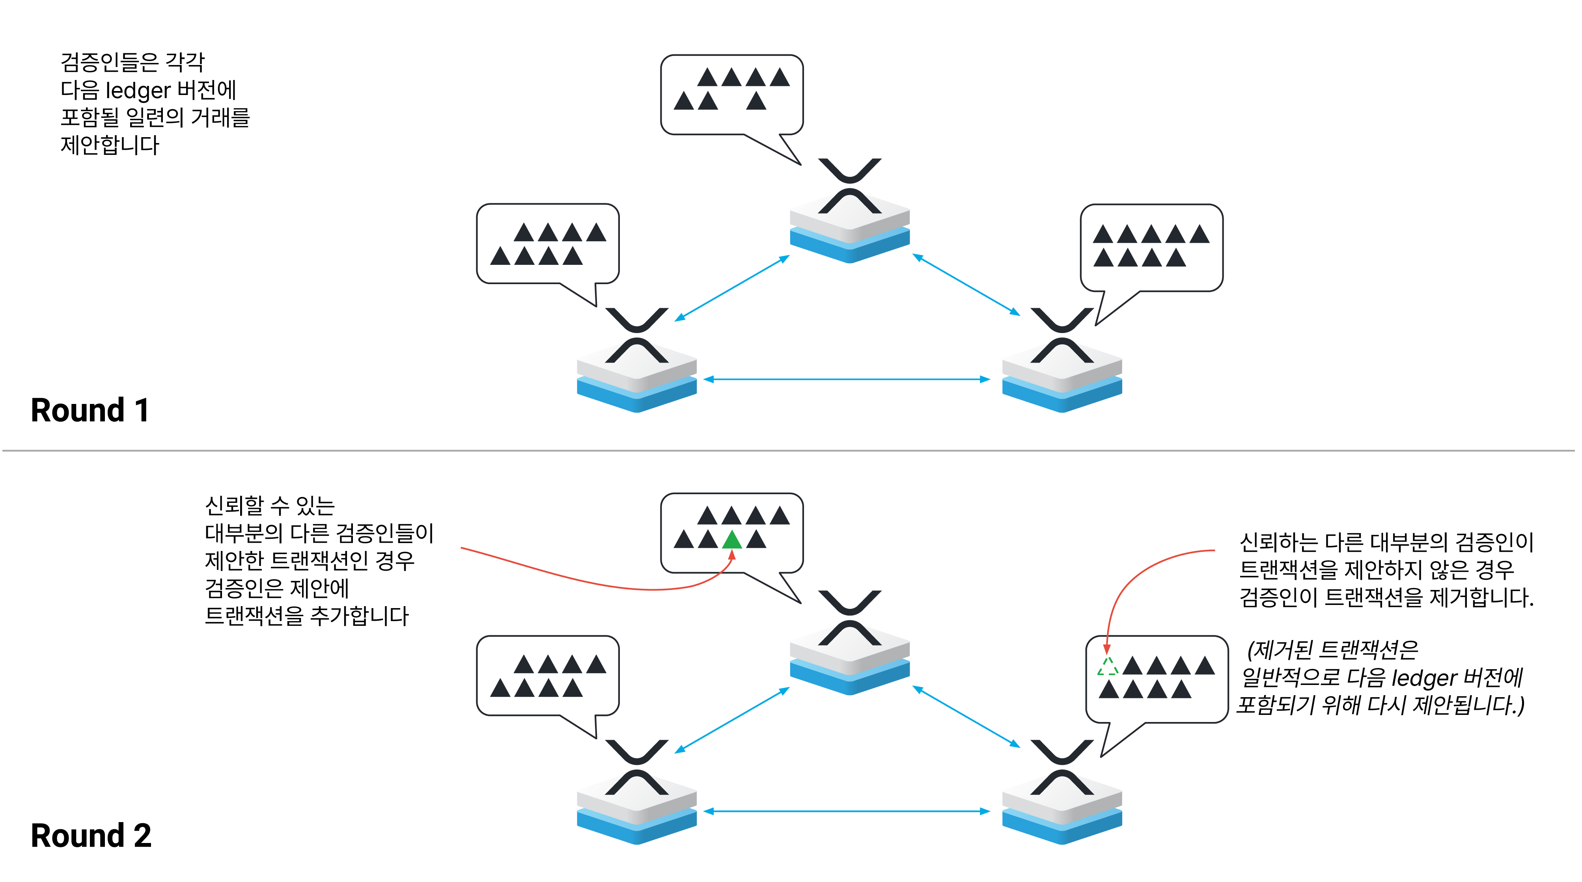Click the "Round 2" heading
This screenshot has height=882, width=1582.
point(91,835)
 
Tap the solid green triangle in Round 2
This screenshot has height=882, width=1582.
point(731,541)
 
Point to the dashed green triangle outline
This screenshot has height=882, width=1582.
point(1108,667)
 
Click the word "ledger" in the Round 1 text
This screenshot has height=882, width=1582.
point(138,90)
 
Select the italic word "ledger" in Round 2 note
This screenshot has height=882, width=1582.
point(1423,677)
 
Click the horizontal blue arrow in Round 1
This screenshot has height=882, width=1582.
point(847,379)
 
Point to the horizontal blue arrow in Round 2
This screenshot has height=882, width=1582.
point(847,811)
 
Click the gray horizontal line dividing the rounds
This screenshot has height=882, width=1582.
point(791,450)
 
